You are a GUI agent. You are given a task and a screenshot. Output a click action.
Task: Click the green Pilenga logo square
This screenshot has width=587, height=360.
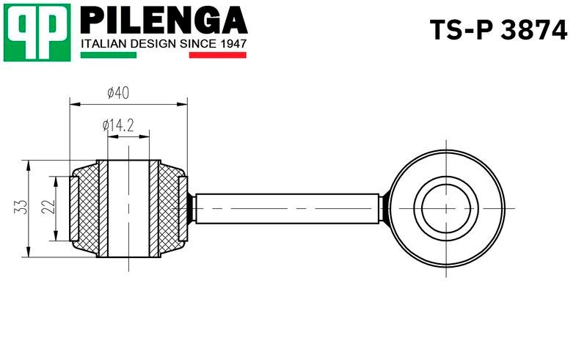[x=37, y=32]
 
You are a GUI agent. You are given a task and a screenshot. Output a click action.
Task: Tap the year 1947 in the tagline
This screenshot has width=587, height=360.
[x=232, y=44]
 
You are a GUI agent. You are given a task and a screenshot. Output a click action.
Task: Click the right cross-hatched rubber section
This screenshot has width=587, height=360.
[x=169, y=208]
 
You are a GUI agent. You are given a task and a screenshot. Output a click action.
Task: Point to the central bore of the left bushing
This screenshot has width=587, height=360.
[x=129, y=208]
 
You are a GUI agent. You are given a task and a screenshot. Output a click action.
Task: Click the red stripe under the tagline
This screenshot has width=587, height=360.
[x=218, y=55]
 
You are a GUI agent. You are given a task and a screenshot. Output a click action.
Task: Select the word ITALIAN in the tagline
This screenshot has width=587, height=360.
[x=102, y=44]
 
